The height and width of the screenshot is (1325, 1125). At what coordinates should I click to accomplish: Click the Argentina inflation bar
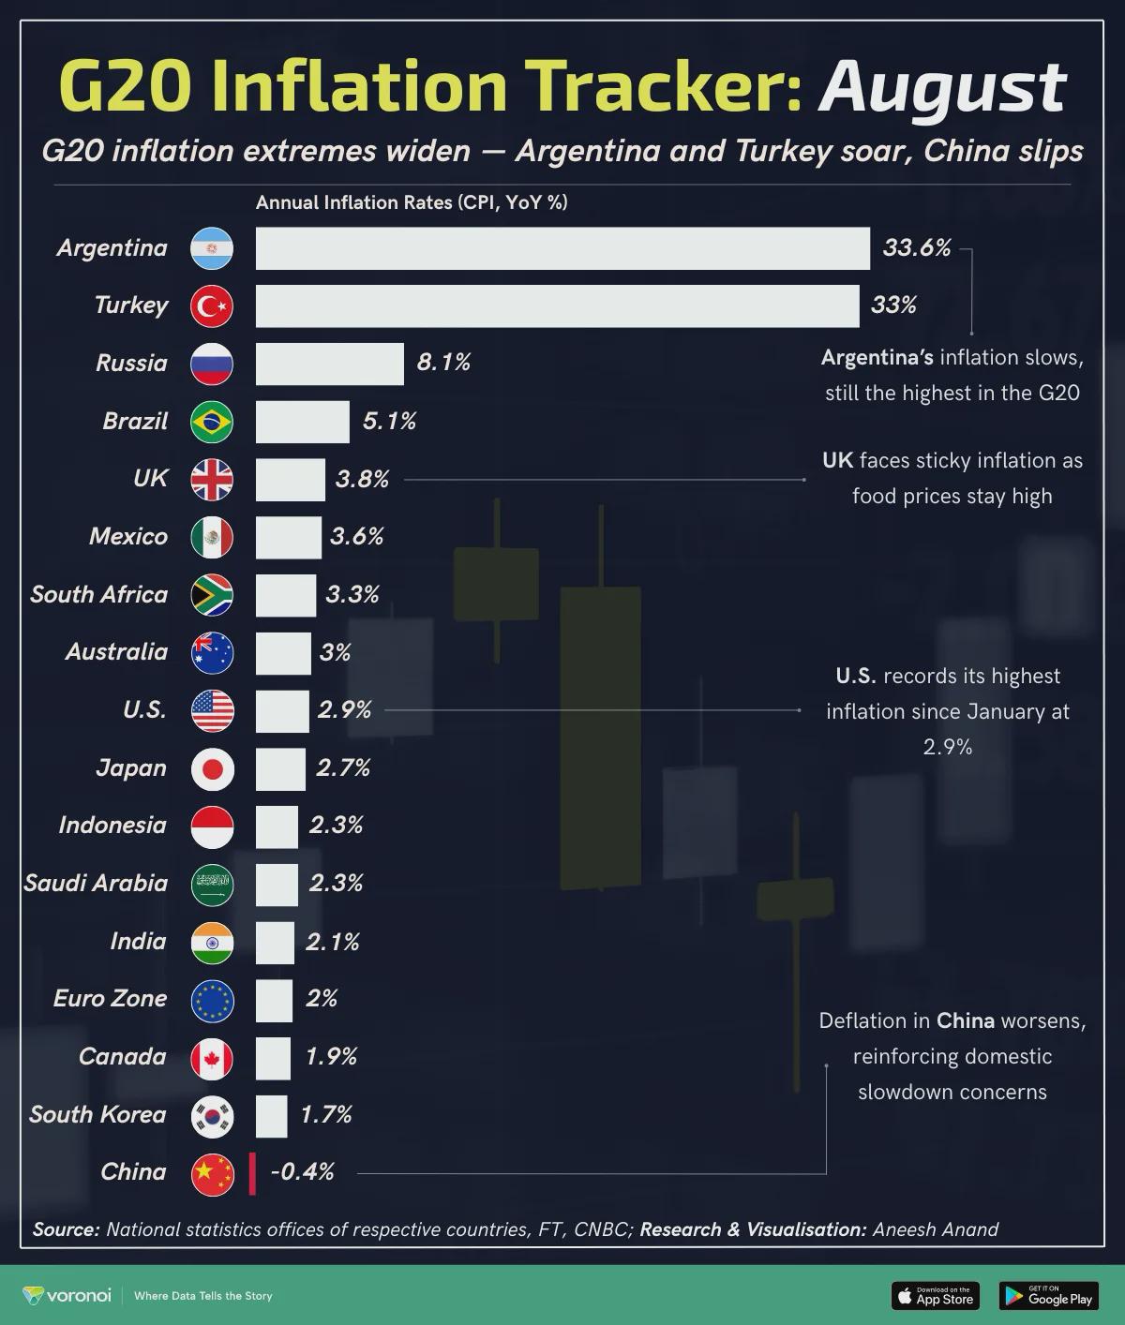pos(562,248)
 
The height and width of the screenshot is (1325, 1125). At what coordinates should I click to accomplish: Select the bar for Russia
pos(329,364)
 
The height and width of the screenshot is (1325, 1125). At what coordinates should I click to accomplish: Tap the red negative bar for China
pos(252,1173)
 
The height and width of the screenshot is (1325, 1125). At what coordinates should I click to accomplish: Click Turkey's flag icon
pos(212,306)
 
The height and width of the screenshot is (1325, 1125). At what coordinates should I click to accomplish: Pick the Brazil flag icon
pos(212,422)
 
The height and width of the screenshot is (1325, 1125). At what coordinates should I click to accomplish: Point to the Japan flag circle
pos(212,769)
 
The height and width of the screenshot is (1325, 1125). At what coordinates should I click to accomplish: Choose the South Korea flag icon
pos(212,1116)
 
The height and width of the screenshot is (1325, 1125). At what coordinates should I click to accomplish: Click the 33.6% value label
pos(916,248)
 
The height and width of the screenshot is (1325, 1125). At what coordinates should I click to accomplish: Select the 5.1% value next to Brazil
pos(389,422)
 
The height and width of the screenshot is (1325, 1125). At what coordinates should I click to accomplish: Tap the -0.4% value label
pos(302,1172)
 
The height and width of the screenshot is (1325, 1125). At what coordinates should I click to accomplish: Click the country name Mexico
pos(128,537)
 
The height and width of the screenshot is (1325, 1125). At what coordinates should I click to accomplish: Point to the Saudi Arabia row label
pos(96,884)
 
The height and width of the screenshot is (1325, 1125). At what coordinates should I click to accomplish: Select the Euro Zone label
pos(110,999)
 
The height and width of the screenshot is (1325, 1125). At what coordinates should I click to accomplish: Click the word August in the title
pos(942,86)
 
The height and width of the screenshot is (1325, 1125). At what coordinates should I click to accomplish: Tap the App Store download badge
pos(935,1296)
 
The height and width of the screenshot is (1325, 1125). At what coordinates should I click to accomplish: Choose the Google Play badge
pos(1048,1296)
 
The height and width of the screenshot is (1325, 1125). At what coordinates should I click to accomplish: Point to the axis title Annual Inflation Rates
pos(412,202)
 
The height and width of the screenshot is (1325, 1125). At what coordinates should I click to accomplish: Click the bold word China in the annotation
pos(965,1020)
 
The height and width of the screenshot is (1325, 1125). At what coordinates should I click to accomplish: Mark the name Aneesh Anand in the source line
pos(935,1229)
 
